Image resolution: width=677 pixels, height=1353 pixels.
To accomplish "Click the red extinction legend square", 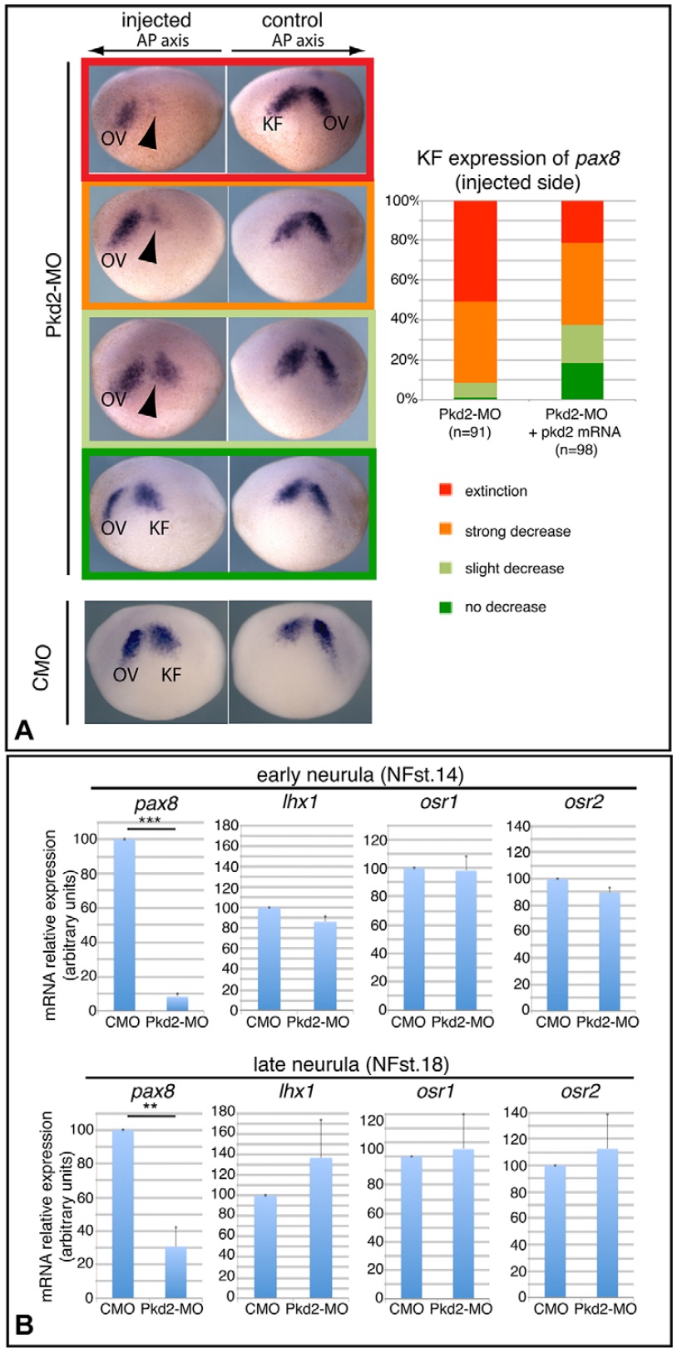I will coord(445,491).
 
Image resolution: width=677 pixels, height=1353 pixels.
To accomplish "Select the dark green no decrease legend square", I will coord(445,607).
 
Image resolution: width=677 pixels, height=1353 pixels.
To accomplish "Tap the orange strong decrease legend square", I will coord(445,530).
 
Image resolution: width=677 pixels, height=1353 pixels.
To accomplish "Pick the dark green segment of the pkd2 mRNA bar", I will coord(582,381).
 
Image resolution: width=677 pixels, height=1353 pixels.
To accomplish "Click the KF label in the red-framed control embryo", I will coord(273,124).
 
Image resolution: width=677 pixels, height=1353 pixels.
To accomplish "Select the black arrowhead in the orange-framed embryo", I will coord(146,248).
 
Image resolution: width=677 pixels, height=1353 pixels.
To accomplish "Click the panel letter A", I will coord(24,731).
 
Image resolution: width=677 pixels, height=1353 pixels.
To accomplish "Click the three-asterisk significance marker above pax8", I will coord(150,820).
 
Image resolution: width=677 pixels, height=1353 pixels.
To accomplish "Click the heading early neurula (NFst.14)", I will coord(360,775).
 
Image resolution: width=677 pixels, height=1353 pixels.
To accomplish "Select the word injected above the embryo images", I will coord(156,20).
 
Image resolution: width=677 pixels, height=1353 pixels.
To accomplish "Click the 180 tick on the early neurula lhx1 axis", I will coord(226,825).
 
